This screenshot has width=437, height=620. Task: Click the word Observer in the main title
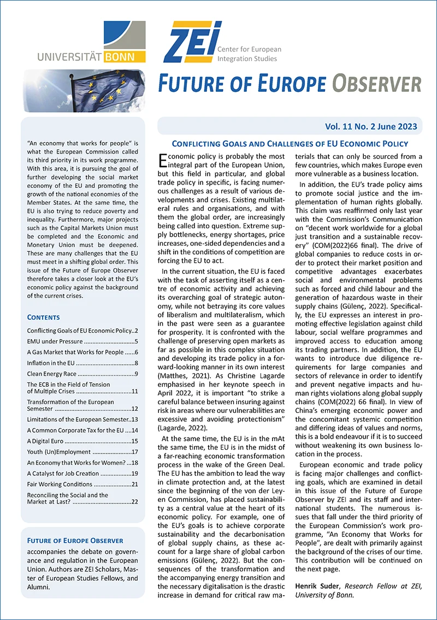377,84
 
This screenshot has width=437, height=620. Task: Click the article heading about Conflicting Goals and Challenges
290,144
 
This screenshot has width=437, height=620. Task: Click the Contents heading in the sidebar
43,317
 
